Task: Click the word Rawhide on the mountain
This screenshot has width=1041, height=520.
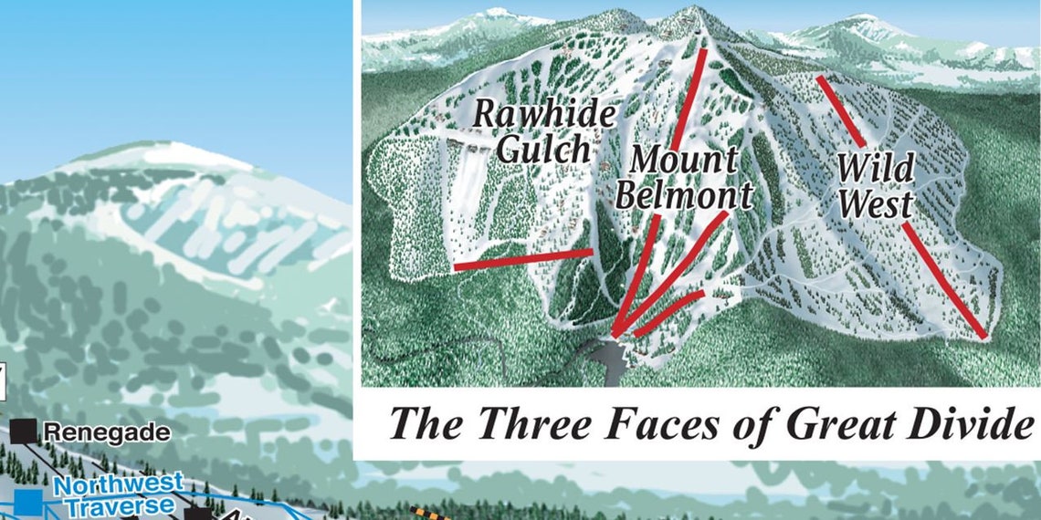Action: (543, 115)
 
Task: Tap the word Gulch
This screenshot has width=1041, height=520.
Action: (543, 150)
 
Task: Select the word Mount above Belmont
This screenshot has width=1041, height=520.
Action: (684, 161)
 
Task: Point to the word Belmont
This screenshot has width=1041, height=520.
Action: (684, 194)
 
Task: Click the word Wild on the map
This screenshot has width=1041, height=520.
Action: (875, 169)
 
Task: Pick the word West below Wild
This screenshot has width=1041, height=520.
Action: (875, 204)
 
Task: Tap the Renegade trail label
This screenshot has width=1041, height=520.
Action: (107, 432)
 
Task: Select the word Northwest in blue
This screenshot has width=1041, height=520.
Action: (118, 484)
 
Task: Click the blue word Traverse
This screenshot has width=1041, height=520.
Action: (118, 504)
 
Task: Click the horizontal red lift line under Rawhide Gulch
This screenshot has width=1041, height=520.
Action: (522, 260)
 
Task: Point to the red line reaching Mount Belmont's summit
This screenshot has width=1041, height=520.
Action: (691, 100)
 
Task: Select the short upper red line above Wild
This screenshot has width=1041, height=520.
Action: (840, 110)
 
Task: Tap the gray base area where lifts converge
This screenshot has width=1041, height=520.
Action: (609, 353)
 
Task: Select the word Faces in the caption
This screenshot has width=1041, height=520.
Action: (677, 423)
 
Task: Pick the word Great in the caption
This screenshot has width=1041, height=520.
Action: (836, 423)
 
